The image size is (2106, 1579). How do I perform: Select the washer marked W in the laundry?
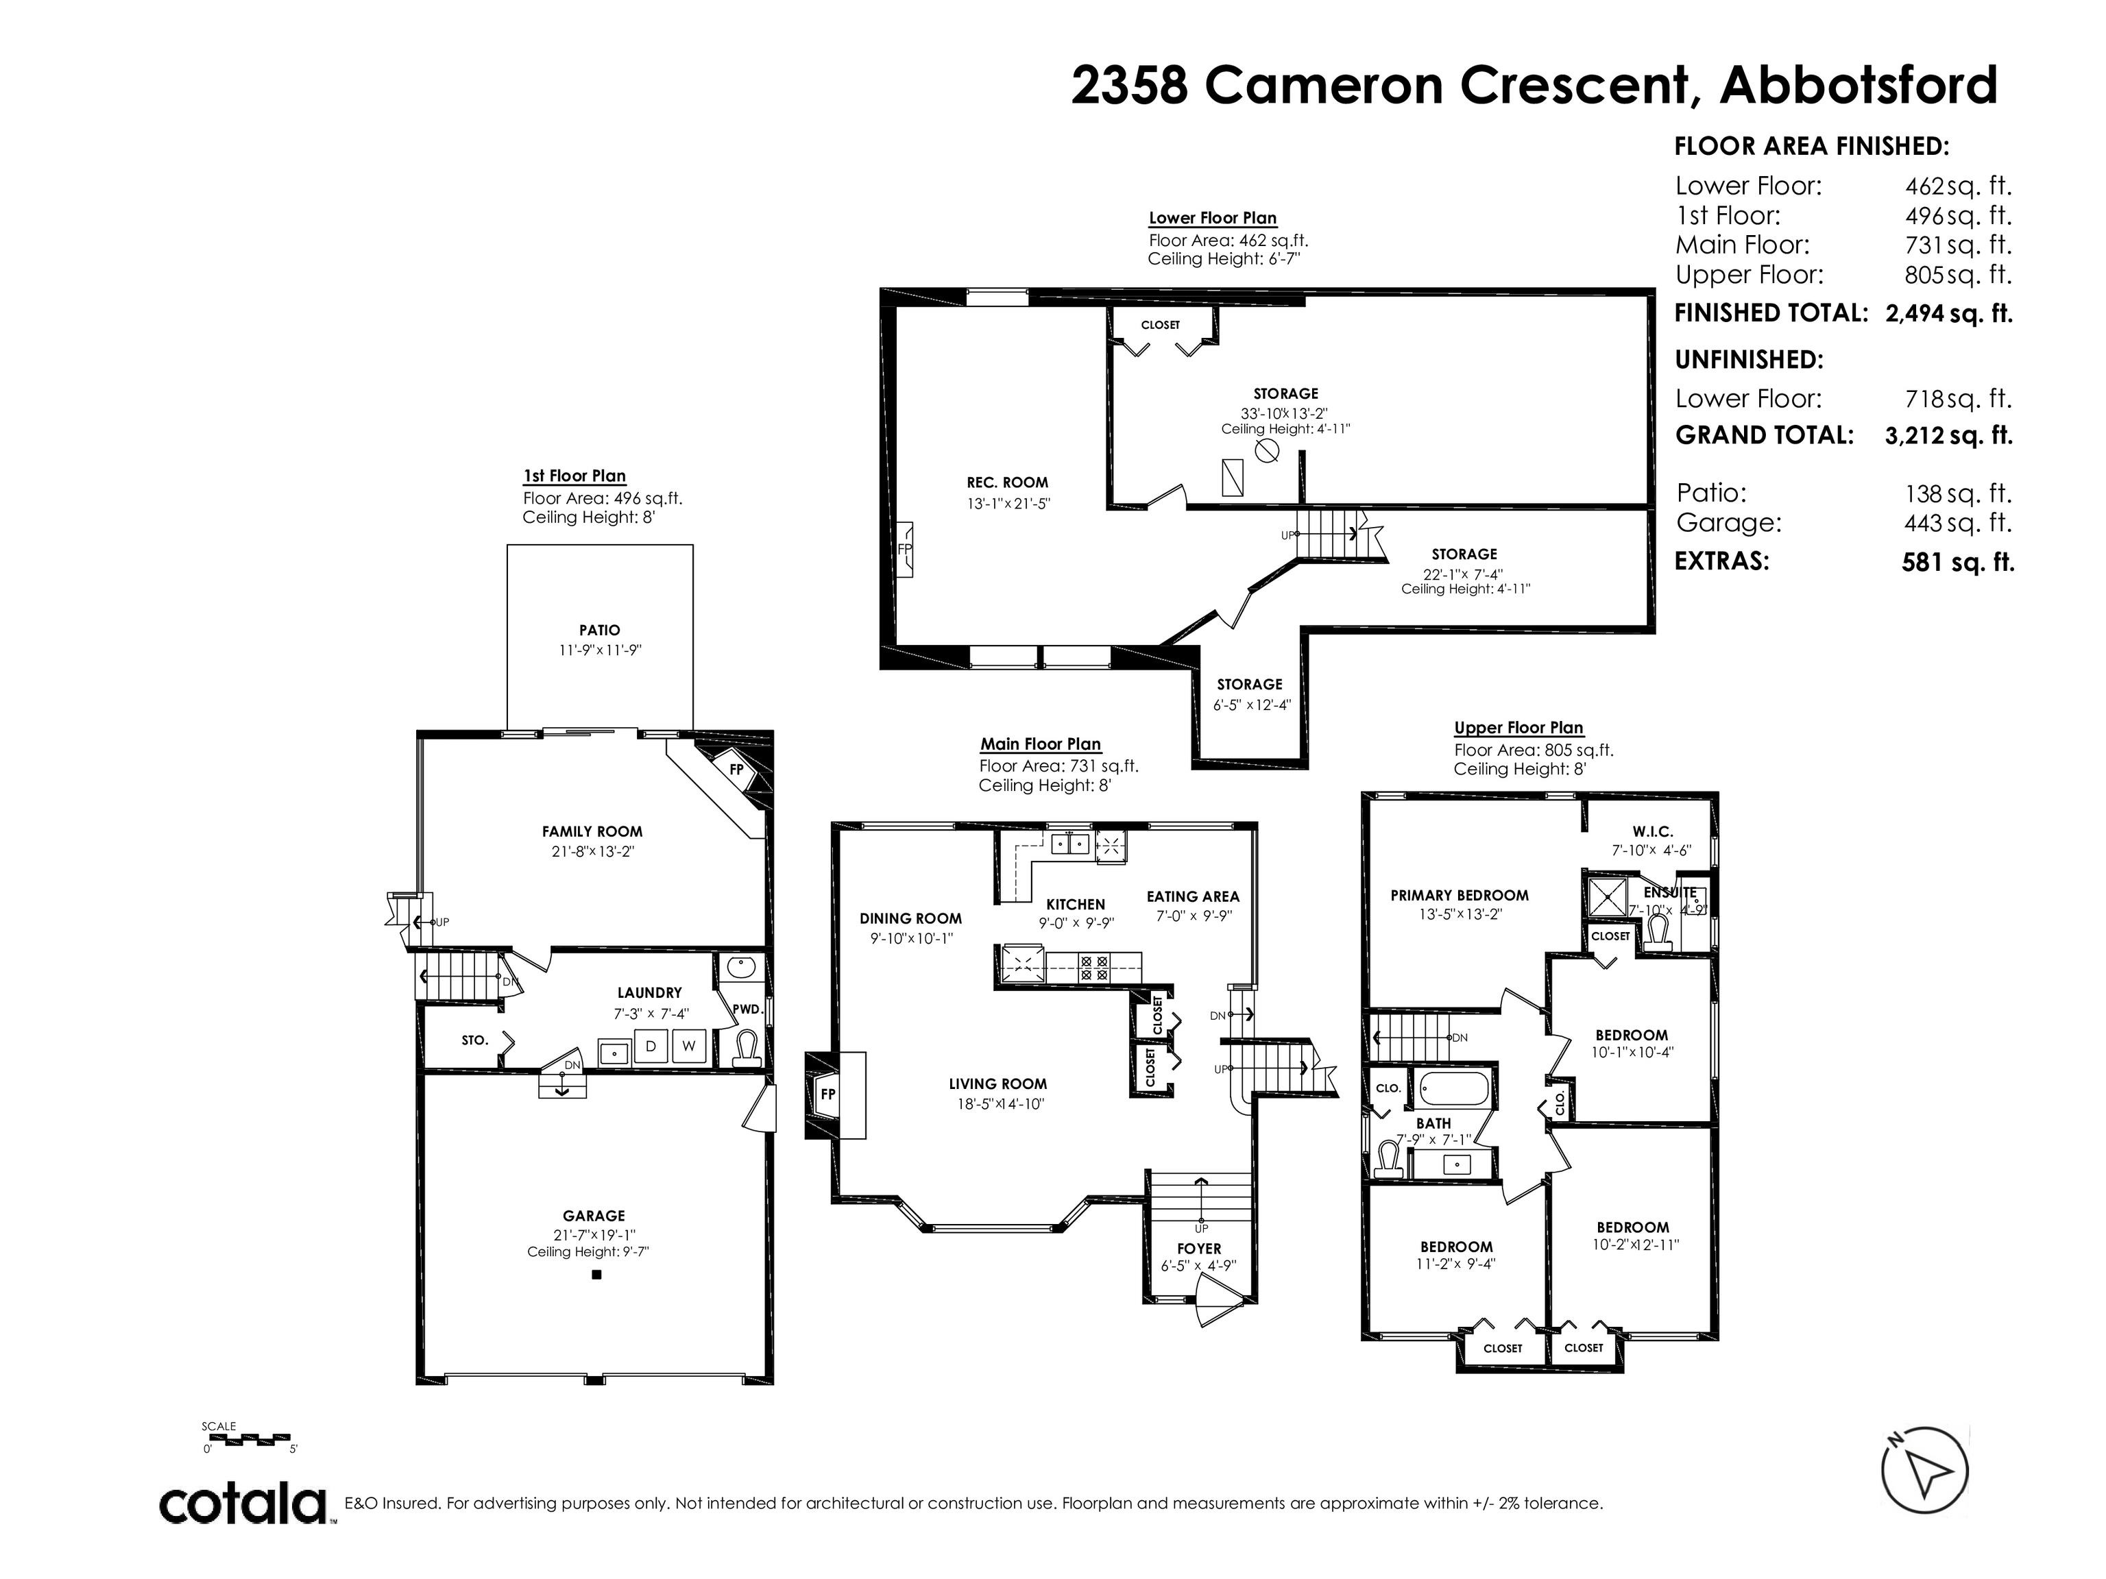[x=689, y=1046]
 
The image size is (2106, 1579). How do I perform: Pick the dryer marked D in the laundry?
[x=651, y=1046]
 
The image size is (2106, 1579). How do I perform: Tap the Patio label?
[x=600, y=630]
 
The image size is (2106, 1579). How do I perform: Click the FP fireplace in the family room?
[x=737, y=768]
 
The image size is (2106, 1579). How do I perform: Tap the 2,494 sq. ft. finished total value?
[x=1949, y=313]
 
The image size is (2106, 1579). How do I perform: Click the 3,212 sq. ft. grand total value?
[x=1949, y=435]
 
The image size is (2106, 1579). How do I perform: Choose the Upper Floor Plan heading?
[x=1518, y=728]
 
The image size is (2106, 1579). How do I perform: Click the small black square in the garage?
[x=597, y=1275]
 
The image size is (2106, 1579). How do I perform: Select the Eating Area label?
[x=1193, y=896]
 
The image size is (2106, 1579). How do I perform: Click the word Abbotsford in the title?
[x=1859, y=86]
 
